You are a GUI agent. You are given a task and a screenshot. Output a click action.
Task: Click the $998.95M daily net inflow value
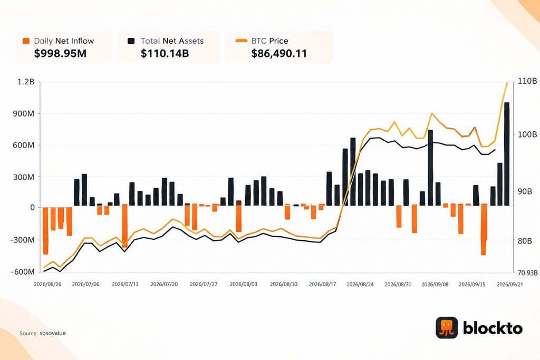60,53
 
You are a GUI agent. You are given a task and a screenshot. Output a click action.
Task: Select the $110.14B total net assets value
165,53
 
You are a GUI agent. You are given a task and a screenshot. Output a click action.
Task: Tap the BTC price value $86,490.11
279,54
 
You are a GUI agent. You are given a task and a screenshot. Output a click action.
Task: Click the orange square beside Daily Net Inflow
26,41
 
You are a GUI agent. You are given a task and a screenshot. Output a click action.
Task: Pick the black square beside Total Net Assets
131,41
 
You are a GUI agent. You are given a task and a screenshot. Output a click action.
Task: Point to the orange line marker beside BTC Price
241,41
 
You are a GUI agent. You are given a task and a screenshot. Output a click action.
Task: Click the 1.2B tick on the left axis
26,82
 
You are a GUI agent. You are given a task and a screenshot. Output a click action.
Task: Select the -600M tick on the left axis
23,272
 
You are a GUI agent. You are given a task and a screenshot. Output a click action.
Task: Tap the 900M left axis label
24,113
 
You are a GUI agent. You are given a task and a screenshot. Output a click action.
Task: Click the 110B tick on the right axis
527,82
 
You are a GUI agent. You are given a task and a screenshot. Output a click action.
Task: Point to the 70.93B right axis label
527,273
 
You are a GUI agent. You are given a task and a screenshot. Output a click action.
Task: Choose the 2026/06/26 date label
47,284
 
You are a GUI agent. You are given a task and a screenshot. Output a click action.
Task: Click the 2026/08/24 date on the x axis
360,284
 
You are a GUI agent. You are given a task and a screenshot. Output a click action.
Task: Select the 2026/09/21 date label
509,284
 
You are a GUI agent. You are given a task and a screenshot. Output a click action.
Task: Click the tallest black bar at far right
507,154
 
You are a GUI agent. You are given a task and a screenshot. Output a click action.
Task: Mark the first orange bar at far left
45,230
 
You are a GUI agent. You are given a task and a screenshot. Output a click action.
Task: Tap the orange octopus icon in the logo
447,328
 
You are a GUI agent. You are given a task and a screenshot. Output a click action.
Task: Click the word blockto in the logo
493,328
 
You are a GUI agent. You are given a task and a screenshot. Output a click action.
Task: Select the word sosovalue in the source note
53,333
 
